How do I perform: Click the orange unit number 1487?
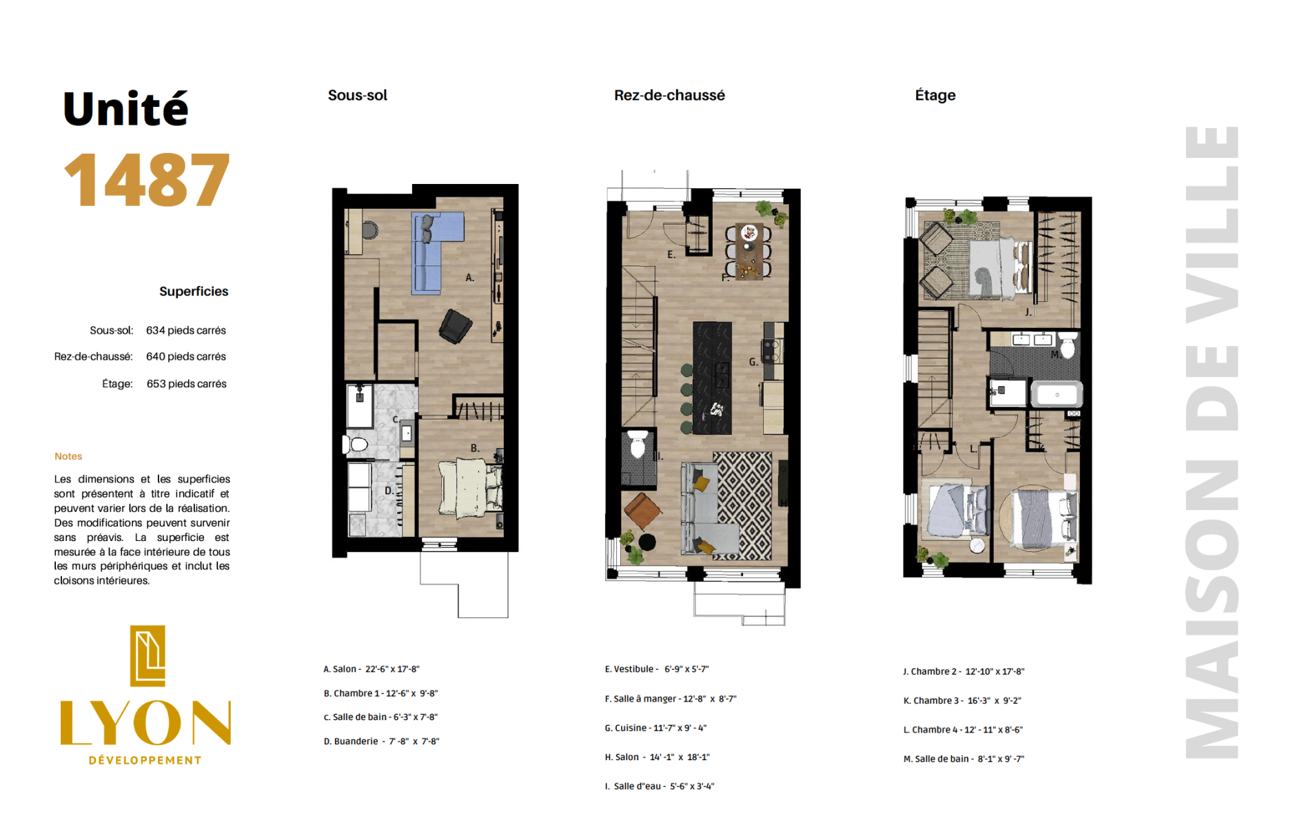pos(147,179)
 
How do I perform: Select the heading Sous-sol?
pos(357,95)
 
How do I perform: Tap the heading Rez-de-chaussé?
pos(669,95)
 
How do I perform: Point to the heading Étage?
pos(935,95)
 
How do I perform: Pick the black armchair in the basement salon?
pos(455,326)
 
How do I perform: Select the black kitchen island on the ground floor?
pos(712,378)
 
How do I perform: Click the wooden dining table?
pos(749,251)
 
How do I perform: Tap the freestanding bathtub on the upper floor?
pos(1057,394)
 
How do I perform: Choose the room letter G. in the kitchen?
pos(753,362)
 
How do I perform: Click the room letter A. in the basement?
pos(469,278)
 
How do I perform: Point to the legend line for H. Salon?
pos(657,757)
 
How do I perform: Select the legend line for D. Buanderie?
pos(381,741)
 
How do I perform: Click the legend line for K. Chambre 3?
pos(962,700)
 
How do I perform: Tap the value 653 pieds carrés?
pos(186,384)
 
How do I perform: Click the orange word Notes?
pos(68,456)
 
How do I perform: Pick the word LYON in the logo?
pos(145,723)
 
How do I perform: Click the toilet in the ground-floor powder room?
pos(638,445)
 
